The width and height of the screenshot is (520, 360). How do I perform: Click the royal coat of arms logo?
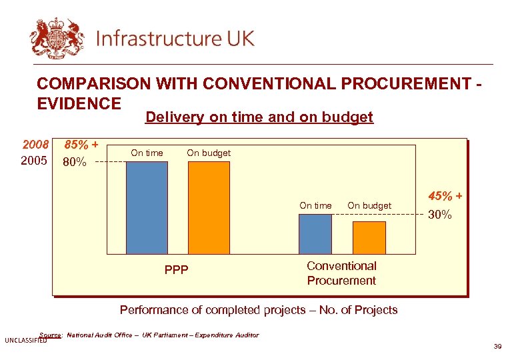coord(57,37)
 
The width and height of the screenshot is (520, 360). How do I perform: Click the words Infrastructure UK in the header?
coord(175,38)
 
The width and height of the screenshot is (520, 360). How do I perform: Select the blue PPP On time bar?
coord(147,207)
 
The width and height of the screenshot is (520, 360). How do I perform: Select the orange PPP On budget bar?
coord(209,207)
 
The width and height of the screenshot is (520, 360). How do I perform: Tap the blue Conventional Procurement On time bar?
coord(315,233)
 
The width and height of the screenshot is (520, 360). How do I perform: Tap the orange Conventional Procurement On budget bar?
coord(369,237)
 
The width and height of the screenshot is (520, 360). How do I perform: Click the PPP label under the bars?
coord(176,270)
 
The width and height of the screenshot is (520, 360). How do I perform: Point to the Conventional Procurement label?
coord(341,273)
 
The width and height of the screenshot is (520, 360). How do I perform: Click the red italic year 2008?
coord(36,145)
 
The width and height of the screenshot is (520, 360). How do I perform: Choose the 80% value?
coord(74,161)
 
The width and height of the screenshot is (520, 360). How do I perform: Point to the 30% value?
coord(439,215)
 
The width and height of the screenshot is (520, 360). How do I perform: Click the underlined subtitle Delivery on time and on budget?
coord(259,118)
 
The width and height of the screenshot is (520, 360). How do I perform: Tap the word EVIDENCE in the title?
coord(79,103)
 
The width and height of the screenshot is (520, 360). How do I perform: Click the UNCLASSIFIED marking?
coord(25,341)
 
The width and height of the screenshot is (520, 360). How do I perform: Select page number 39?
coord(497,347)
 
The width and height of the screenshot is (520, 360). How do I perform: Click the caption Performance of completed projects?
coord(258,310)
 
